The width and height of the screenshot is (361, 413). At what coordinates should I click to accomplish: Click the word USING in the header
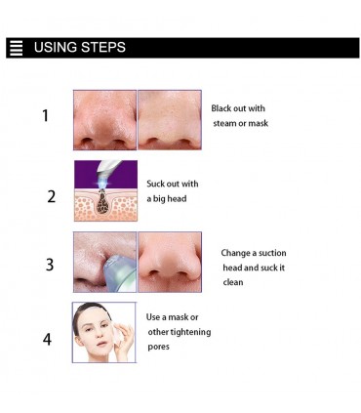coord(55,47)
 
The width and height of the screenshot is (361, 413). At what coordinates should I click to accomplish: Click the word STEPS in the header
coord(103,47)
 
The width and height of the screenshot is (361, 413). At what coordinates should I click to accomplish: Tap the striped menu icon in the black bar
coord(17,48)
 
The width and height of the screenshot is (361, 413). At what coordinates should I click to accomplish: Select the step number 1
coord(46,115)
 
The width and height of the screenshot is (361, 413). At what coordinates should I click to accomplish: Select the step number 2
coord(52,196)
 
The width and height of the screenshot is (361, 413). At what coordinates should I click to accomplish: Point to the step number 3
coord(50,265)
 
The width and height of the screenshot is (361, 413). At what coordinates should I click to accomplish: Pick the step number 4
coord(47,340)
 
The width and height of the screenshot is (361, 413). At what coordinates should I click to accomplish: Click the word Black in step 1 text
coord(222,108)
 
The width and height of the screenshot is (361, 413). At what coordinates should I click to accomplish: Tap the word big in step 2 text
coord(159,199)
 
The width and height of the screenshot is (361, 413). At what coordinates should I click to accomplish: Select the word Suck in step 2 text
coord(155,184)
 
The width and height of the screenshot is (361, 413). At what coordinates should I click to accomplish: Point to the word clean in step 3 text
coord(233,282)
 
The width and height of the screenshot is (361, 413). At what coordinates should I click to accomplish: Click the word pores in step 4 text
coord(158,348)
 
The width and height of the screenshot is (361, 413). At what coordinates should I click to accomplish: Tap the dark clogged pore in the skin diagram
coord(103,202)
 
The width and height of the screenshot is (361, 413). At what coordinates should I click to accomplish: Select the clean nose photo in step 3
coord(170,262)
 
